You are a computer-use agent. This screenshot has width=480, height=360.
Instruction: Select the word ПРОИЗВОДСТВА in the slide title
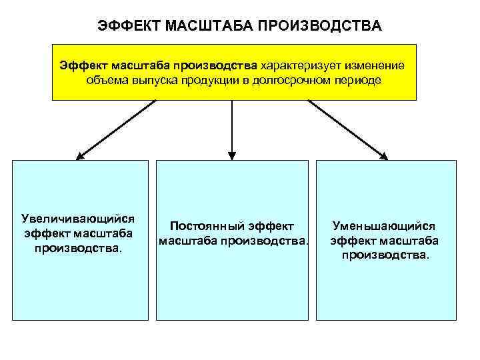click(319, 26)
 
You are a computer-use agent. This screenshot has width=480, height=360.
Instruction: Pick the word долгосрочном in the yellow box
click(293, 80)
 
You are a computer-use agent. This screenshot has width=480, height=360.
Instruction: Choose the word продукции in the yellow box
click(217, 80)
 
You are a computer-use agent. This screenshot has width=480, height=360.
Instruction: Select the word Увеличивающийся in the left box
click(78, 218)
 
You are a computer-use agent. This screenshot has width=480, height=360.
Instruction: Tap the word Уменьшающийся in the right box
click(384, 227)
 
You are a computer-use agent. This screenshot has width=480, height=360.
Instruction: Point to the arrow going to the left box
click(117, 129)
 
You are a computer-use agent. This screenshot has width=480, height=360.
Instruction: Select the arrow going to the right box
click(347, 129)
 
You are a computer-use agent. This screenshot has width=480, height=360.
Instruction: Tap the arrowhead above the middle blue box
click(231, 155)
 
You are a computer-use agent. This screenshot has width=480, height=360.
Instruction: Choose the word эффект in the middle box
click(270, 226)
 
